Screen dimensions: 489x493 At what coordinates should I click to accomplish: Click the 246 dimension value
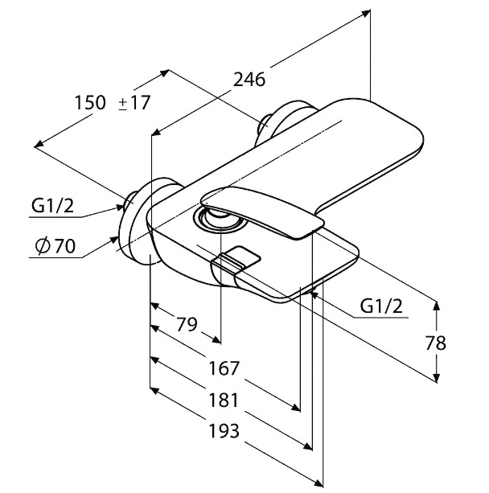pos(249,80)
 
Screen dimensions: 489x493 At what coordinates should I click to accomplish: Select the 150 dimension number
pos(90,102)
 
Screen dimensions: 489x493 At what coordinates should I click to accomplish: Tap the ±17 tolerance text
pos(134,102)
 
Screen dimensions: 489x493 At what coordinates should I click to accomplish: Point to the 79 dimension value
pos(187,324)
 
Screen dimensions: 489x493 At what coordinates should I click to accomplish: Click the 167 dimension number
pos(224,368)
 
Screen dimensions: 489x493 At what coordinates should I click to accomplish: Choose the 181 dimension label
pos(224,401)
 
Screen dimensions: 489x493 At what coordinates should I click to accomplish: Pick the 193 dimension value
pos(224,431)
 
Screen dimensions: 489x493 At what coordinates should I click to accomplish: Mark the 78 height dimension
pos(436,343)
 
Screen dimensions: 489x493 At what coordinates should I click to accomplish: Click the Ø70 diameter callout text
pos(55,246)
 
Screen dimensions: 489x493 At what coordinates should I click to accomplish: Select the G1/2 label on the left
pos(52,206)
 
